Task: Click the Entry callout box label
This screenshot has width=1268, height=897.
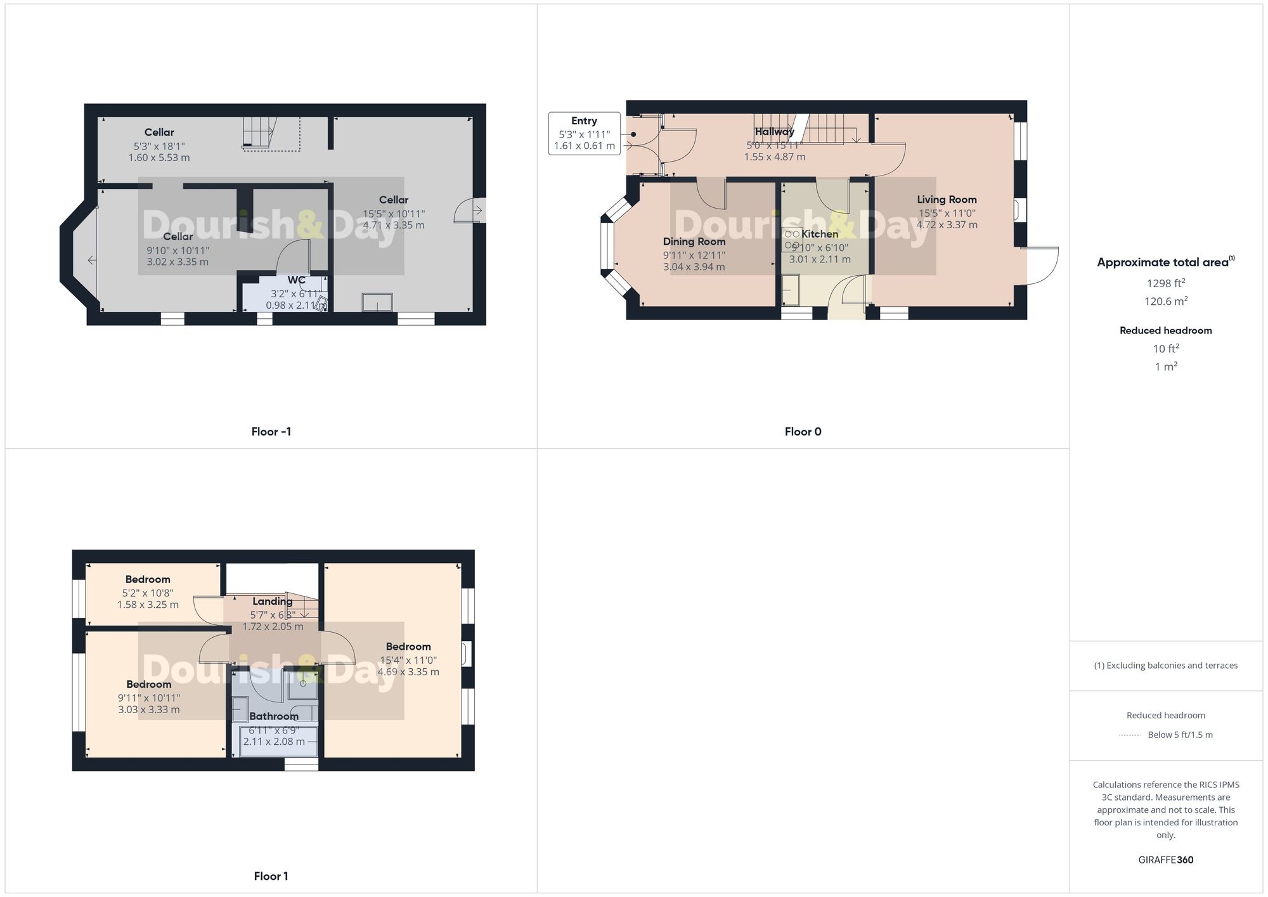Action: pyautogui.click(x=584, y=121)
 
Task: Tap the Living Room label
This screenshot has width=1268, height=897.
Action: pyautogui.click(x=947, y=200)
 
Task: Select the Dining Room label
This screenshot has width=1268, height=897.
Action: pyautogui.click(x=694, y=242)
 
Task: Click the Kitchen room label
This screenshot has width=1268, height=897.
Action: pyautogui.click(x=819, y=234)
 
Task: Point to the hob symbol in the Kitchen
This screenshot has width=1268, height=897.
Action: pyautogui.click(x=792, y=239)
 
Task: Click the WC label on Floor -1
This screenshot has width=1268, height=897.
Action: pyautogui.click(x=296, y=280)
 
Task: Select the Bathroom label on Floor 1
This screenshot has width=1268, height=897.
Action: pyautogui.click(x=273, y=716)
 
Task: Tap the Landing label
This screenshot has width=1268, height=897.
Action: pyautogui.click(x=273, y=602)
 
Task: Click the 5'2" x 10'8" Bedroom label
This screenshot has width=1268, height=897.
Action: pyautogui.click(x=148, y=579)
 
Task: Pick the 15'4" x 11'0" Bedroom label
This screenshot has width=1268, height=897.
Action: pyautogui.click(x=408, y=647)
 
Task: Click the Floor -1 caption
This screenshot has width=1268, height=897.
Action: pyautogui.click(x=271, y=432)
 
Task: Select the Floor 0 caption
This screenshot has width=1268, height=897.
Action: pyautogui.click(x=803, y=432)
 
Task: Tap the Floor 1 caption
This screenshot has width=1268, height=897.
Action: pyautogui.click(x=271, y=876)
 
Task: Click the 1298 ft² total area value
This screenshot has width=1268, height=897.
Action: pyautogui.click(x=1165, y=283)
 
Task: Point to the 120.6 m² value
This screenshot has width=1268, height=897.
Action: pyautogui.click(x=1165, y=302)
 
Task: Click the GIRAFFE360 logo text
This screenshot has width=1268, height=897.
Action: pyautogui.click(x=1165, y=860)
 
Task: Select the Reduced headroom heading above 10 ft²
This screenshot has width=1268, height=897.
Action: pyautogui.click(x=1165, y=330)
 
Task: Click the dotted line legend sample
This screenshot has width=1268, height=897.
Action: pyautogui.click(x=1130, y=735)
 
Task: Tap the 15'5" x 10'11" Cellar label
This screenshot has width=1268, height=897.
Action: pyautogui.click(x=394, y=200)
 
